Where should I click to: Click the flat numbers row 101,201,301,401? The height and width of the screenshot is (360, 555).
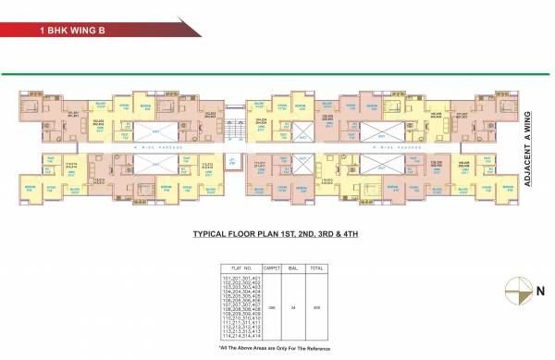pos(238,277)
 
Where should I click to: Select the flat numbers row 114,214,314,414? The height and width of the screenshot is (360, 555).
pos(238,336)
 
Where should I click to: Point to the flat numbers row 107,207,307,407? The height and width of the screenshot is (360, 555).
pos(238,304)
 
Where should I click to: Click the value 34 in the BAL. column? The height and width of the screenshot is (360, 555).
pos(293,306)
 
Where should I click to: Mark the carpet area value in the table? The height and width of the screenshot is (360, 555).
pos(272,306)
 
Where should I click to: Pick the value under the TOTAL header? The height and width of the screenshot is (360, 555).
pos(317,306)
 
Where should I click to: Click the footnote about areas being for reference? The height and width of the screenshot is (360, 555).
pos(276,347)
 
